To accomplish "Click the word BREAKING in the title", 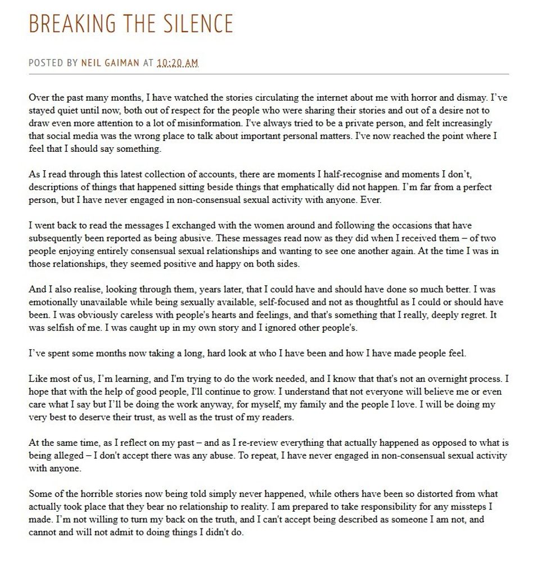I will (x=63, y=24).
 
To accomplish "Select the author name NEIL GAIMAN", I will (x=110, y=63).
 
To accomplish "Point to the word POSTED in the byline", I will (x=47, y=63).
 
